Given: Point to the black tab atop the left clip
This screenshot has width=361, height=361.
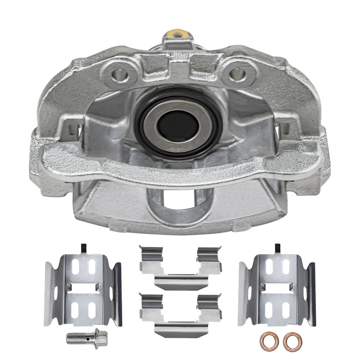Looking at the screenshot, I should [84, 249].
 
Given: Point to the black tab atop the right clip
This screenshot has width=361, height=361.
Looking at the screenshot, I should [278, 249].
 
